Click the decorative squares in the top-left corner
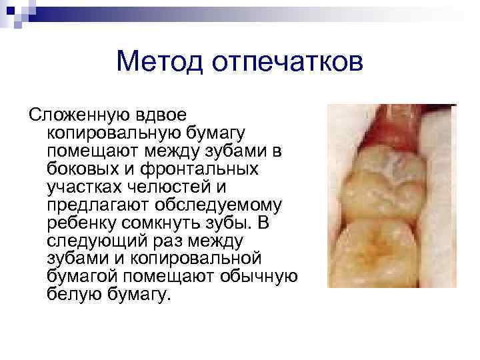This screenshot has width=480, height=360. [15, 12]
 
